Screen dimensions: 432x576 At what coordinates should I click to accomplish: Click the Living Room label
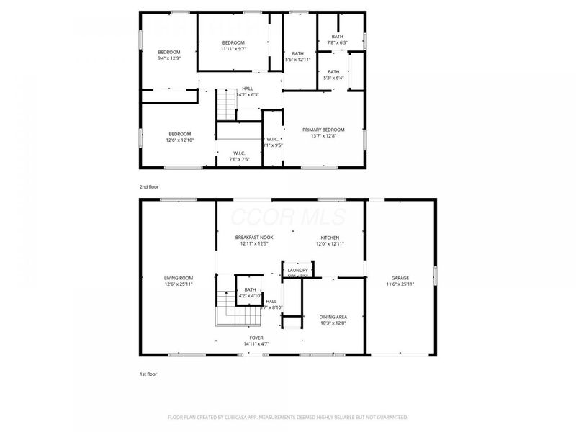(x=178, y=278)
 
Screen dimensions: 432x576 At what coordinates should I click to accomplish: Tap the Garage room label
(x=400, y=278)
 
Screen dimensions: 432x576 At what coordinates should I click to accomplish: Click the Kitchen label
(x=330, y=238)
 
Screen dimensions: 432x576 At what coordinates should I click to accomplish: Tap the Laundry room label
(x=297, y=270)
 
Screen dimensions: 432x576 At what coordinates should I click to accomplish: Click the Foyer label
(x=256, y=338)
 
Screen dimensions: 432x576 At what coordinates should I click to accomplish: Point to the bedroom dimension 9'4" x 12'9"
(x=169, y=58)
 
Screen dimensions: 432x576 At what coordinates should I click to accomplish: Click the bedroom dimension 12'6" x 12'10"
(x=179, y=140)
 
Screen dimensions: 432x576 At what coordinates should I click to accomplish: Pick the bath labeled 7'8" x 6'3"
(x=338, y=43)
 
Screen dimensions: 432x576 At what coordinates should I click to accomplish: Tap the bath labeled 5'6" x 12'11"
(x=297, y=60)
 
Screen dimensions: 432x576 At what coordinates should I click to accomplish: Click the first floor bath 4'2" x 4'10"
(x=250, y=296)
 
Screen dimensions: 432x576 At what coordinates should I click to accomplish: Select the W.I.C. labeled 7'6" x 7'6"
(x=240, y=159)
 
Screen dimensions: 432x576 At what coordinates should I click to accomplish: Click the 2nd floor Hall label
(x=247, y=89)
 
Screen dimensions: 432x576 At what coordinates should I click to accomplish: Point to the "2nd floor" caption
(x=149, y=186)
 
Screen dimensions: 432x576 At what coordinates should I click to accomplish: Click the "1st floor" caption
(x=148, y=374)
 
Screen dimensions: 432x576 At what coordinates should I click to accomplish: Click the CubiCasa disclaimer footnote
(x=287, y=417)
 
